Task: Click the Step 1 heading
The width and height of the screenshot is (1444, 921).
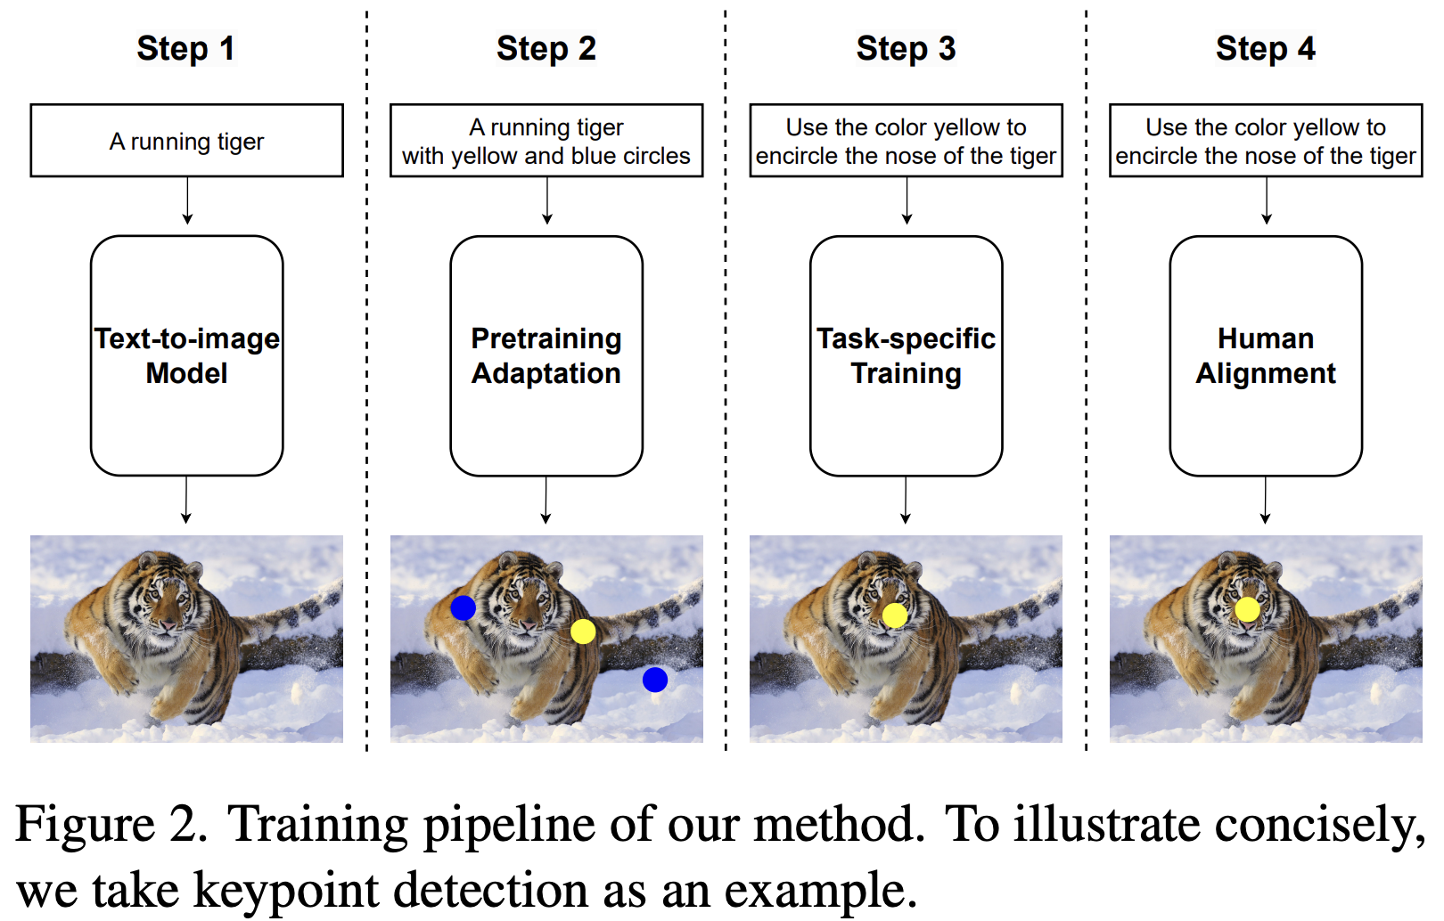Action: (185, 48)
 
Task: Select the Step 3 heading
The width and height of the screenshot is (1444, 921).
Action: (906, 48)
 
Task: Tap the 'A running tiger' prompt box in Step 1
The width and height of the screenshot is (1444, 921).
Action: (186, 141)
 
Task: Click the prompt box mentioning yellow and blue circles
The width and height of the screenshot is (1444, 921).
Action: (546, 141)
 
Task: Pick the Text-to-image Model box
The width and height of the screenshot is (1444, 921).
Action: (186, 355)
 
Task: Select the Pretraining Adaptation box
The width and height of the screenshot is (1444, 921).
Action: (546, 355)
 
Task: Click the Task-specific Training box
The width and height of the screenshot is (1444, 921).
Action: (906, 355)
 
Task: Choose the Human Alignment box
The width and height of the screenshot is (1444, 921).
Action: (1265, 355)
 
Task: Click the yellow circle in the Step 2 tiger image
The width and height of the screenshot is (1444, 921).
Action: (583, 632)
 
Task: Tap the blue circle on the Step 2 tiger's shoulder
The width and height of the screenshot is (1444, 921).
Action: (463, 608)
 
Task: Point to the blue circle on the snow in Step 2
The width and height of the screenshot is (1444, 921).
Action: (655, 680)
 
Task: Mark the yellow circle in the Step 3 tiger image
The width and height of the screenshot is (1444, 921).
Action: (895, 615)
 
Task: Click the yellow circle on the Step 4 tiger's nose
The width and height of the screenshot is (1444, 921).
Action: (1247, 609)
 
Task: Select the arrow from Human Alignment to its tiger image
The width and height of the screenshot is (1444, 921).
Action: (1265, 501)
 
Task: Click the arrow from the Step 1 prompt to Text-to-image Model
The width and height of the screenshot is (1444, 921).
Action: (187, 201)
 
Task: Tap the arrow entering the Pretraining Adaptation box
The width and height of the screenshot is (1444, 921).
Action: (546, 201)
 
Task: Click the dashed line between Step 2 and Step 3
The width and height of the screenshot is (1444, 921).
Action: (726, 383)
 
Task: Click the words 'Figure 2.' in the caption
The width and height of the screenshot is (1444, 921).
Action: (111, 824)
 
